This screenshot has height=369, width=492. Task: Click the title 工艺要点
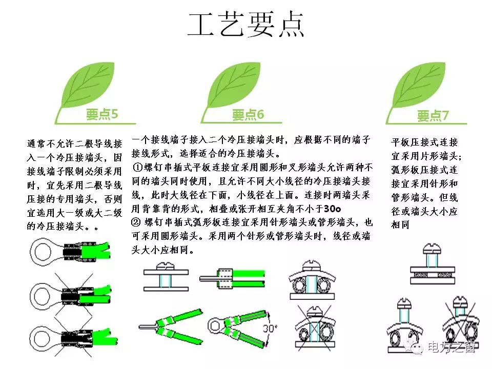click(245, 25)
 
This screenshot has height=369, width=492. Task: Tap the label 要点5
click(102, 114)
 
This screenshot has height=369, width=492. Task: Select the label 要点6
click(248, 115)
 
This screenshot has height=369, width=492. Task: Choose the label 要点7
click(433, 116)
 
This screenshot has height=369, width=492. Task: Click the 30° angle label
click(270, 328)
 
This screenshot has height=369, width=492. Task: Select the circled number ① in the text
click(137, 167)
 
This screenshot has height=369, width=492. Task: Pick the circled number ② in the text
click(135, 222)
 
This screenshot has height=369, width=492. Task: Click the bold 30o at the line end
click(332, 209)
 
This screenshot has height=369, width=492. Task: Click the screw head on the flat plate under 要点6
click(166, 266)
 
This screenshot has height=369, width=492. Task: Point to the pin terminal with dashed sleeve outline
click(232, 278)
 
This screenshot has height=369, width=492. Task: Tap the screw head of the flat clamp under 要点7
click(432, 249)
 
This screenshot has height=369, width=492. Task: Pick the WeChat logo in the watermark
click(414, 347)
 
